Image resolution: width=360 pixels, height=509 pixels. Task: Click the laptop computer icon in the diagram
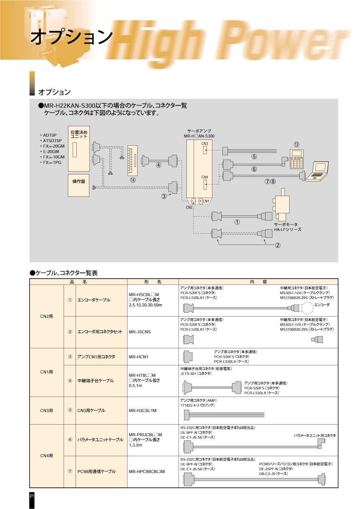[317, 172]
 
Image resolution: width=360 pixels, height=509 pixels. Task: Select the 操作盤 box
[78, 182]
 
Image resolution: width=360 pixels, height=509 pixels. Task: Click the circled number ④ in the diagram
[159, 165]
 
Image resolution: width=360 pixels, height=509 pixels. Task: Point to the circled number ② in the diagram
[277, 245]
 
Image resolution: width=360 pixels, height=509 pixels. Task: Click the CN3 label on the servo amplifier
[204, 143]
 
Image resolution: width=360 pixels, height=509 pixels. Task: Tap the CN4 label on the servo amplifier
[204, 177]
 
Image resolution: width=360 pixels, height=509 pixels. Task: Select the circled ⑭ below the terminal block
[133, 180]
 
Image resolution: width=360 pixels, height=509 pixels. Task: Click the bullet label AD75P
[50, 135]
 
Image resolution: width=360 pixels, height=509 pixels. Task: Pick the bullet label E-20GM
[51, 152]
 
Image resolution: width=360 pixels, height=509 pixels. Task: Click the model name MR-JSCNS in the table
[140, 332]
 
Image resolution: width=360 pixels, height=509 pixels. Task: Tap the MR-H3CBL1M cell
[142, 410]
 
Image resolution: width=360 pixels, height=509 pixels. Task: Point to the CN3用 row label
[47, 410]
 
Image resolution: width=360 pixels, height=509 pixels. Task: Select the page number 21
[32, 496]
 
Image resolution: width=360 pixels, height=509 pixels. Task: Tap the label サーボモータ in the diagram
[286, 224]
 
